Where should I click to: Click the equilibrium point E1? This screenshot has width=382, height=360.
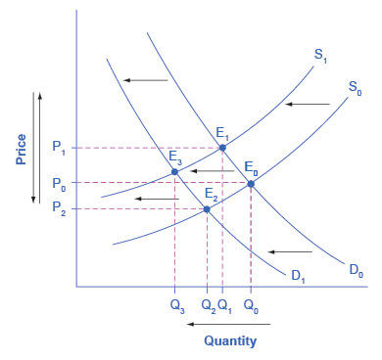coord(222,148)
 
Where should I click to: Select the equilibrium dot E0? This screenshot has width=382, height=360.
coord(251,183)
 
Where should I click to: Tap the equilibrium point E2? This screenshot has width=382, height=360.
coord(207,208)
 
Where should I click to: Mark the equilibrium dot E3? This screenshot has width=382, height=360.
coord(175,172)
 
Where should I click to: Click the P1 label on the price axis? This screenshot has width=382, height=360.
coord(59,148)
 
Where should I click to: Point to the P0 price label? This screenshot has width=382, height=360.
coord(59,183)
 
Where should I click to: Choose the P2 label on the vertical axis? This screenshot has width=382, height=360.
coord(59,208)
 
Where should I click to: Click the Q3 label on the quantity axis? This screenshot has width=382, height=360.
coord(175,303)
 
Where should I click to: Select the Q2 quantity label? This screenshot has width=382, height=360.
coord(206,303)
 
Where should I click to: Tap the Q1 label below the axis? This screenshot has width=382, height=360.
coord(224,303)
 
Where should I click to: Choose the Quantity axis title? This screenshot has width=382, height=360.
coord(230,341)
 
